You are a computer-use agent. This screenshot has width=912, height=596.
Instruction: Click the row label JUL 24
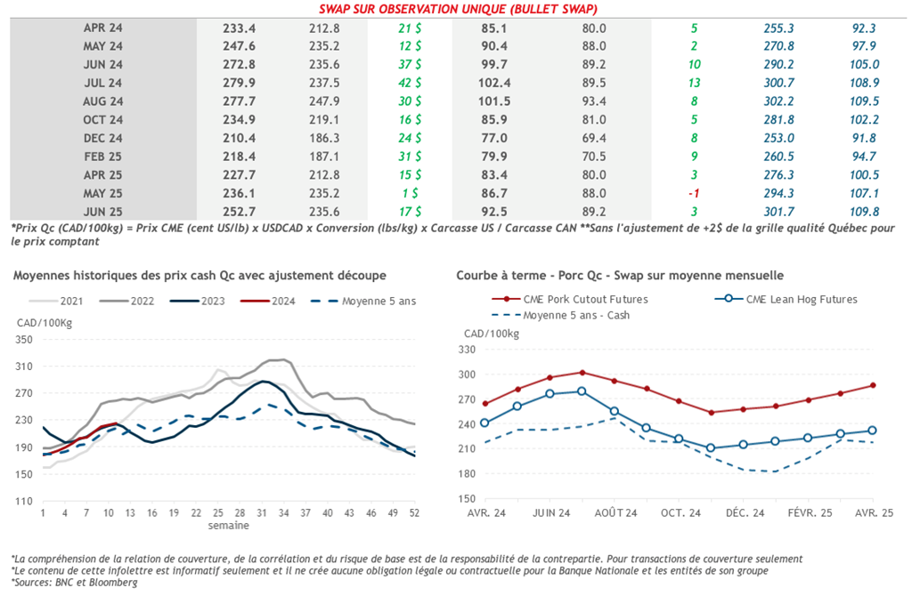[x=102, y=83]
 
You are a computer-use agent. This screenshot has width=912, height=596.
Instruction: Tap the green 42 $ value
[x=410, y=83]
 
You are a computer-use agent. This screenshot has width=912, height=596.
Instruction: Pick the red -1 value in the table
[x=694, y=194]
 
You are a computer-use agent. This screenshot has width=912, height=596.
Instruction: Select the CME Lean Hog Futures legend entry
[x=796, y=299]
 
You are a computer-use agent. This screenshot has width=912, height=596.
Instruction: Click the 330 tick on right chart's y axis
[x=468, y=351]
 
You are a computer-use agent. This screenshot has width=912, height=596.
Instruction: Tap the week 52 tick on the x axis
[x=415, y=513]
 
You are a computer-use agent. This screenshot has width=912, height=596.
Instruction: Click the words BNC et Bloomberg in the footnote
[x=92, y=583]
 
